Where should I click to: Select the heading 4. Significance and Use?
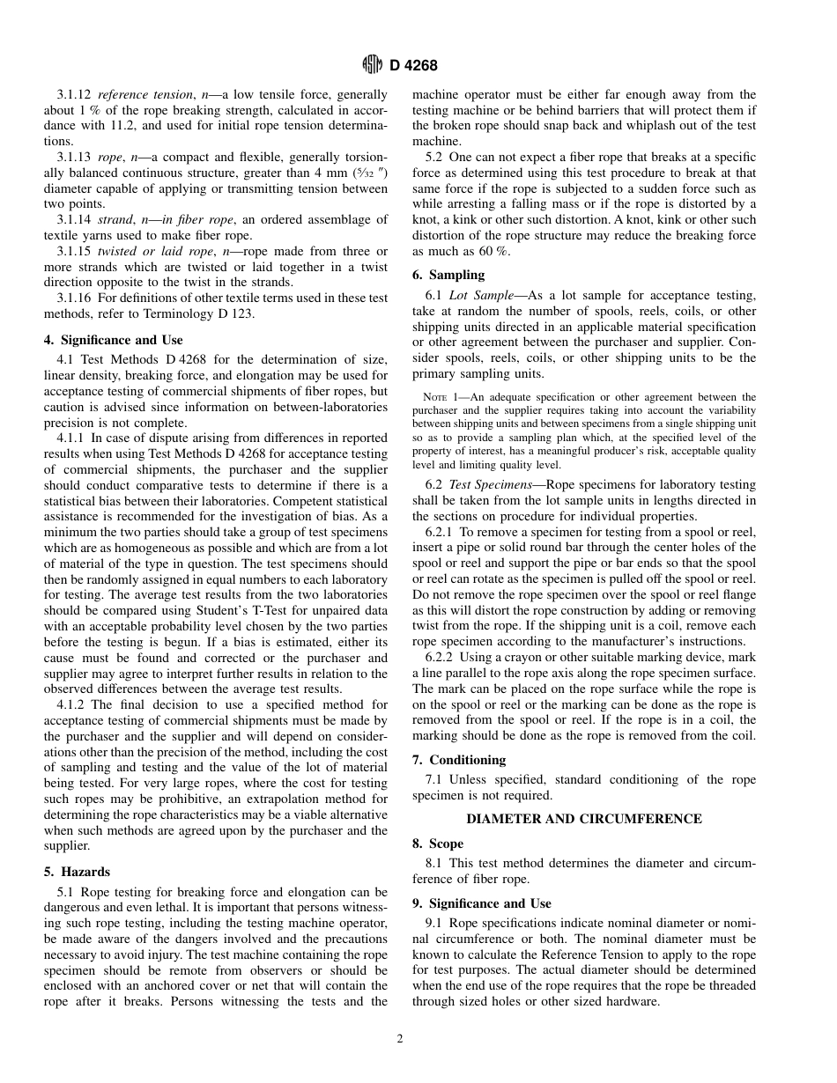click(x=114, y=340)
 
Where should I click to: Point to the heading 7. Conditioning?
click(x=459, y=759)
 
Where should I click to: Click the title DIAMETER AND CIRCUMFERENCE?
click(x=583, y=819)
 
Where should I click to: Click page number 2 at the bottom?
click(x=399, y=1038)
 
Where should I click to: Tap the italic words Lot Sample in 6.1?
click(x=478, y=295)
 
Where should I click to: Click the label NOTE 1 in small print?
click(x=445, y=397)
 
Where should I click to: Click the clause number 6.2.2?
click(x=441, y=658)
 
